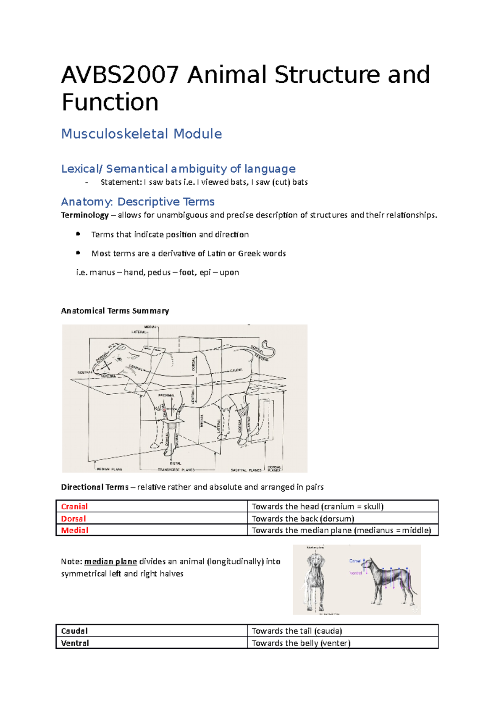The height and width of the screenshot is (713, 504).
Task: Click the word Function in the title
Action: tap(110, 102)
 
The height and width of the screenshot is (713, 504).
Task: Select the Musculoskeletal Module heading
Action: tap(142, 134)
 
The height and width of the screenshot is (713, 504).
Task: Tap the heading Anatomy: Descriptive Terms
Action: tap(138, 202)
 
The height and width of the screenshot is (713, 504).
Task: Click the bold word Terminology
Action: tap(85, 215)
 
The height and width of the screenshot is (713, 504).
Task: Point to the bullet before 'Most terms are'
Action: tap(78, 253)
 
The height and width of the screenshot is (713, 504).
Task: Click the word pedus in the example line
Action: tap(159, 273)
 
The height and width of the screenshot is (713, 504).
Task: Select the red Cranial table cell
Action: tap(74, 506)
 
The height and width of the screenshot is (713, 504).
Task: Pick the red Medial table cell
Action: tap(74, 530)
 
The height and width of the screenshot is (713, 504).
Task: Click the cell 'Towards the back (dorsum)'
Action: tap(303, 519)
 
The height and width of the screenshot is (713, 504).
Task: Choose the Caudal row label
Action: tap(74, 631)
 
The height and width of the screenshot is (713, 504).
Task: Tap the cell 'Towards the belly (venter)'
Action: tap(301, 643)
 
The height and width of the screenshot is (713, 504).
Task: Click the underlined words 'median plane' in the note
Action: tap(110, 561)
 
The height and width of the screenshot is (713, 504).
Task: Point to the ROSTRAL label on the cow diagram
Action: tap(85, 372)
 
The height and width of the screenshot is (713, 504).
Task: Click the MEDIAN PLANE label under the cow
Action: tap(109, 469)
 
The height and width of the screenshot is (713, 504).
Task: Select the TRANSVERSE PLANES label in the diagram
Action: tap(176, 469)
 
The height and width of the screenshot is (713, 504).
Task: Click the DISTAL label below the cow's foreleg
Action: tap(176, 464)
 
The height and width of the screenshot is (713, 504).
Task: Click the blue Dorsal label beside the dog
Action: tap(355, 561)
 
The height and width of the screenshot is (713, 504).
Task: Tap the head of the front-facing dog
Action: tap(315, 562)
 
